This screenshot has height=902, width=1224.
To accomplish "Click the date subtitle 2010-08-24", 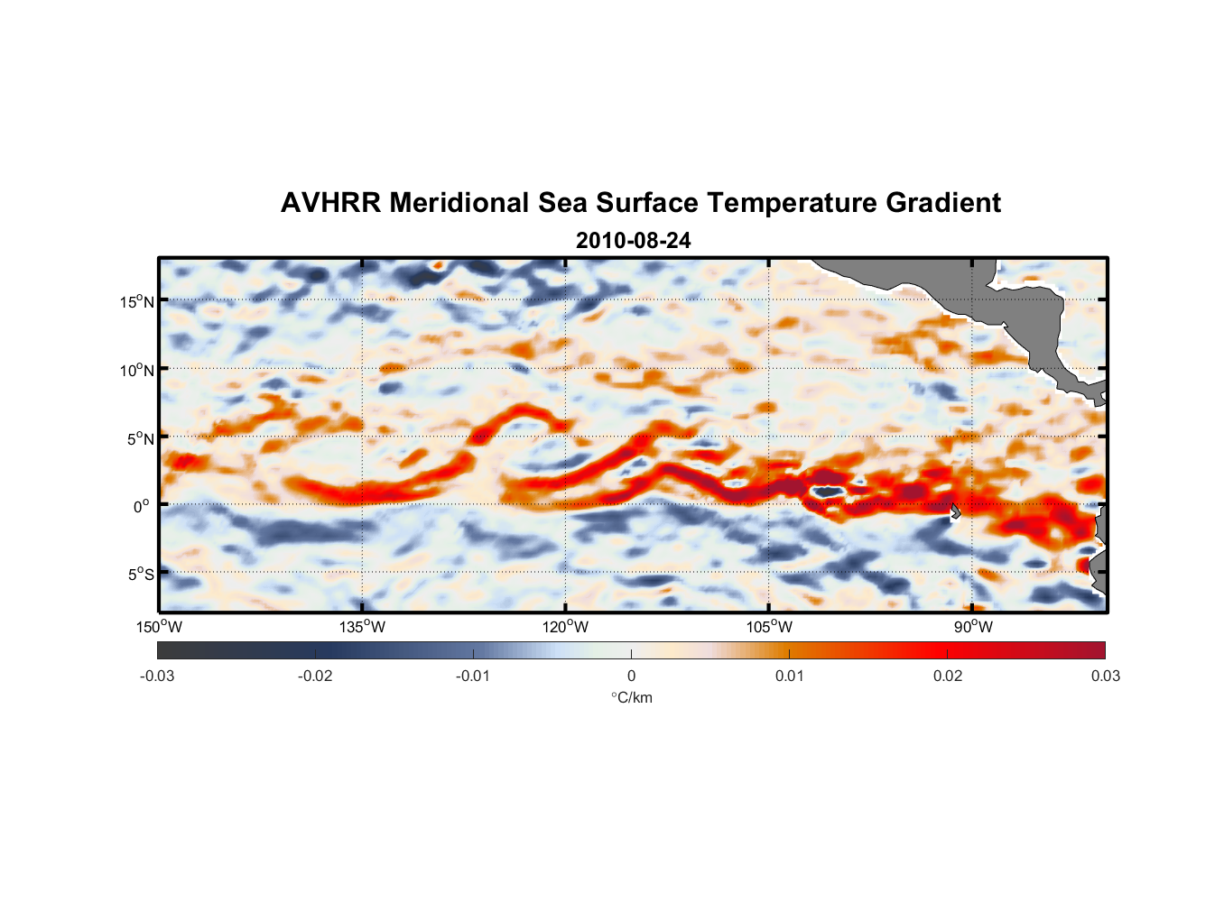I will point(633,241).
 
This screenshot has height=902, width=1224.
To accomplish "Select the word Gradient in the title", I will point(943,203).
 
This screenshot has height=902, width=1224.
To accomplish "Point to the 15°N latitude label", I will point(137,301).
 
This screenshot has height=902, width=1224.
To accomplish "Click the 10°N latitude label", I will point(137,370).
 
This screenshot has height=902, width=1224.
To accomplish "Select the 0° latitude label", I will point(143,507).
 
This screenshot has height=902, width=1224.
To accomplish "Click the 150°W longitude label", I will point(160,627).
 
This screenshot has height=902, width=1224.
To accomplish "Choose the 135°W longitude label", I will point(363,627).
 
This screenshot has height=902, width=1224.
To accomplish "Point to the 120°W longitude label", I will point(566,627).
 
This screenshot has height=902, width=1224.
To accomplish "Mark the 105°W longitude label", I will point(769,627).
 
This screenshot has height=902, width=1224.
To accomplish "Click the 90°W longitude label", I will point(973,627).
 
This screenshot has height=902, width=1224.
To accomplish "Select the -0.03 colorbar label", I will point(157,676).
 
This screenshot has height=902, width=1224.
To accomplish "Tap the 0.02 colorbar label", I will point(948,676).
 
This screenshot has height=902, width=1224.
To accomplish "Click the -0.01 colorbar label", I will point(473,676).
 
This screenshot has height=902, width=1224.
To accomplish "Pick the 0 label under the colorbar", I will point(631,676).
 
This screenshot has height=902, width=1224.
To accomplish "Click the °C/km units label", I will point(632,697).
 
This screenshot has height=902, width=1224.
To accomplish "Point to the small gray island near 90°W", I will point(955,511).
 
